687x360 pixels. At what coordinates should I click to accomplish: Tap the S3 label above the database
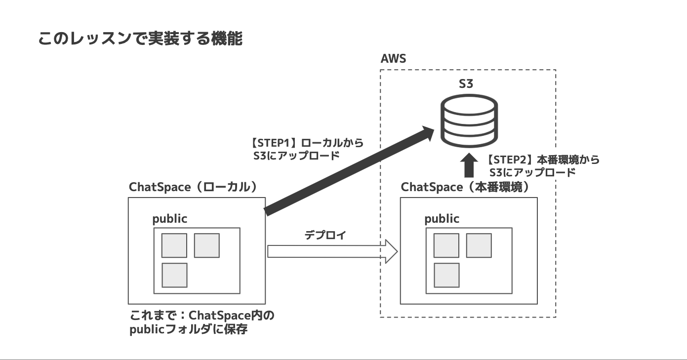(x=466, y=83)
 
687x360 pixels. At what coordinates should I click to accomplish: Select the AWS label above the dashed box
(x=393, y=59)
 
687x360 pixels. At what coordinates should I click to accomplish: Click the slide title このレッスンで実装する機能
(x=140, y=39)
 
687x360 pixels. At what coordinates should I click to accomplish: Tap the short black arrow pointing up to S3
(x=468, y=165)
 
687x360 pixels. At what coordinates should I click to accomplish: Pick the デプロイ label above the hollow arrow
(x=325, y=235)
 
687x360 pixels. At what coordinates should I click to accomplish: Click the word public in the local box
(x=169, y=219)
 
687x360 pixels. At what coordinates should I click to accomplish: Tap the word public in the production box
(x=442, y=219)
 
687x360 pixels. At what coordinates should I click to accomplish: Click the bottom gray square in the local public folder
(x=175, y=275)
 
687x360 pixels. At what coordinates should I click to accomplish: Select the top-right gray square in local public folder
(x=206, y=245)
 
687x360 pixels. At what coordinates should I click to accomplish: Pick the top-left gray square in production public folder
(x=446, y=245)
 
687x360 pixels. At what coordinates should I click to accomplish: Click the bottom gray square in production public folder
(x=447, y=275)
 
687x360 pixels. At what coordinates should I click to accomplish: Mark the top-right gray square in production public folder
(x=479, y=245)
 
